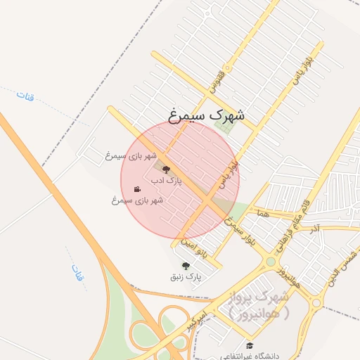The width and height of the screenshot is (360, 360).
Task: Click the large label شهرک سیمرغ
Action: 207,113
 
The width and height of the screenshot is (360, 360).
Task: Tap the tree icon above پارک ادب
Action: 166,169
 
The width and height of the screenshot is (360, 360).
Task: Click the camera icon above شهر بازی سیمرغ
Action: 137,189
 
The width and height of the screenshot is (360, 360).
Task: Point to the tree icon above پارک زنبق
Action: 186,266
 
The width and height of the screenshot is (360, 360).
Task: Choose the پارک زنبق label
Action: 186,277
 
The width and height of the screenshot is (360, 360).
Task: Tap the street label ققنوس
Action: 216,82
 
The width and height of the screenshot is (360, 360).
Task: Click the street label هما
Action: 263,212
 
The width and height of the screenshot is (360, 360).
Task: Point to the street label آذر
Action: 314,229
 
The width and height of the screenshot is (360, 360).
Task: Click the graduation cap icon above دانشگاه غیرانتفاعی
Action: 249,345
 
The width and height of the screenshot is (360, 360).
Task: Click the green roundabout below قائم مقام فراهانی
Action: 271,262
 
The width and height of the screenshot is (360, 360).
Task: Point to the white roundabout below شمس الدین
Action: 316,302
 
